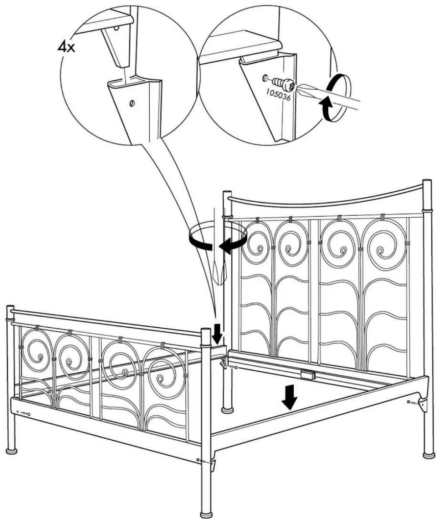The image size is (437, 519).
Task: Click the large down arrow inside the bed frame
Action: (x=289, y=400)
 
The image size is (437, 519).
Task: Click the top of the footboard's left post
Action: (x=10, y=307)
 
